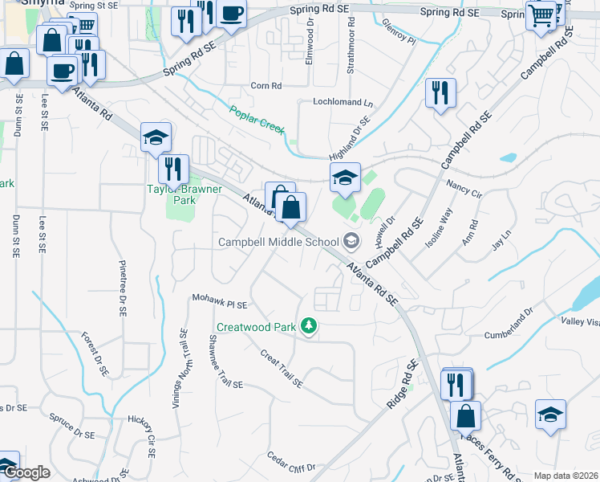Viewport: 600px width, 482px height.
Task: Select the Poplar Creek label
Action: [257, 120]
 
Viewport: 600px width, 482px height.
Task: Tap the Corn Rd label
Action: [266, 85]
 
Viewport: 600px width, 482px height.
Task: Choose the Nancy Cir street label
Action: [465, 189]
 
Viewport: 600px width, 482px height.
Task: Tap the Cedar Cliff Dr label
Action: [292, 462]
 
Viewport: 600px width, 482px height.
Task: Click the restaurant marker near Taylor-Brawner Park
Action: [173, 170]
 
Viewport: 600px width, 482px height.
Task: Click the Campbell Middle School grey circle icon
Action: [351, 241]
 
